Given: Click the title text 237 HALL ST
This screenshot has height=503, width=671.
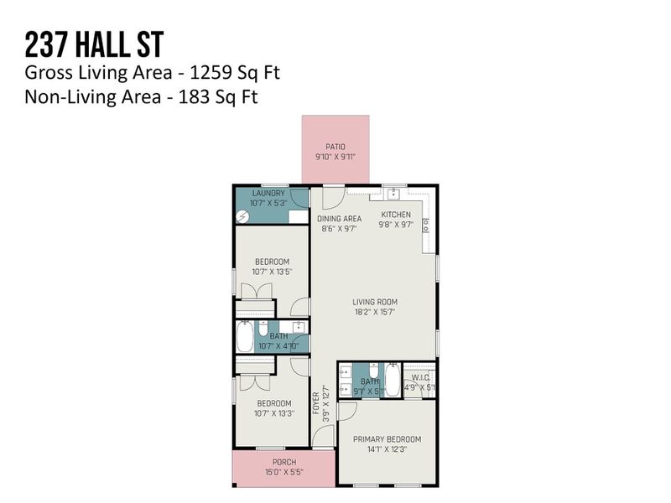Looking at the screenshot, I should pyautogui.click(x=93, y=43).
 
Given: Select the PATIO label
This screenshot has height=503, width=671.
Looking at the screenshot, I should pyautogui.click(x=335, y=147).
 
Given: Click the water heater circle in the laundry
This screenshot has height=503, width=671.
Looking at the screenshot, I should pyautogui.click(x=242, y=215).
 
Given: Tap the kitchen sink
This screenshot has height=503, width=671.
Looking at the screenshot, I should pyautogui.click(x=391, y=194).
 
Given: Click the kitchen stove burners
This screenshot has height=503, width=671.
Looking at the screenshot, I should pyautogui.click(x=425, y=225).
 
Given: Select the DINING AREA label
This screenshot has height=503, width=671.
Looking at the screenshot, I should pyautogui.click(x=339, y=218).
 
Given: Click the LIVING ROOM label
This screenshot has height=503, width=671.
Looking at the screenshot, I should pyautogui.click(x=374, y=302).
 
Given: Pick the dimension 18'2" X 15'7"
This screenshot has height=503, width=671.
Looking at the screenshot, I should pyautogui.click(x=374, y=311).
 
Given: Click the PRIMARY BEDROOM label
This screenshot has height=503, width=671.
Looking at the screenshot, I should pyautogui.click(x=387, y=439).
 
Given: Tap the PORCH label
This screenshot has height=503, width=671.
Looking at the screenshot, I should pyautogui.click(x=283, y=463).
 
